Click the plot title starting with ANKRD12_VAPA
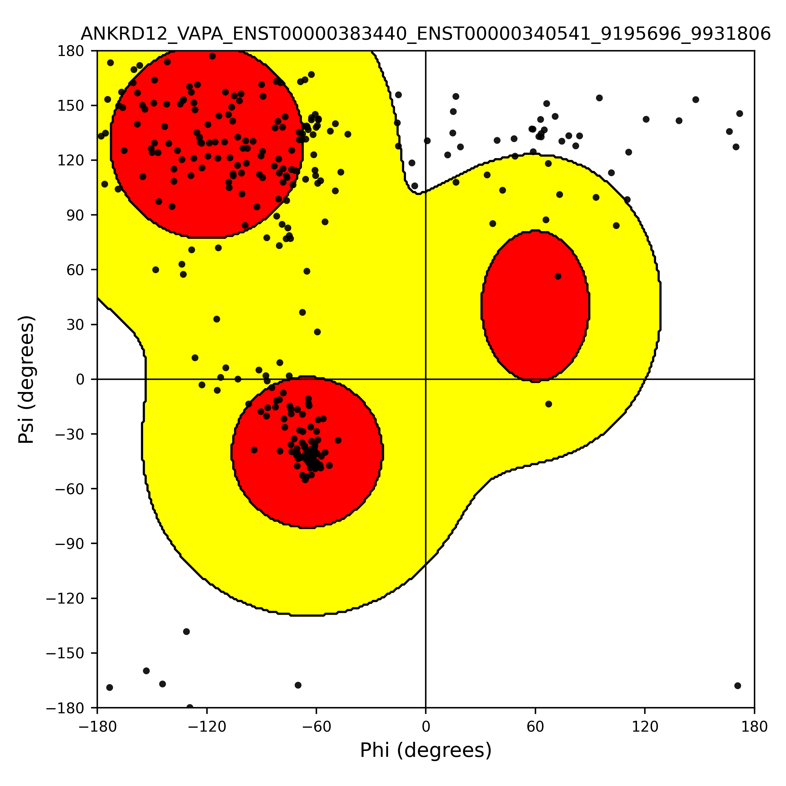tap(425, 34)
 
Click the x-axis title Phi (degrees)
tap(425, 750)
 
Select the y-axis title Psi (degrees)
tap(27, 379)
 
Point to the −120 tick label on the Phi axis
tap(207, 727)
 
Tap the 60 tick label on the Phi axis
tap(535, 727)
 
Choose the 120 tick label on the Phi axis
tap(645, 727)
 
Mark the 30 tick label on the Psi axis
tap(75, 325)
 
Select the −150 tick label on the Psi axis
tap(65, 653)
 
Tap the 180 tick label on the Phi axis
tap(755, 727)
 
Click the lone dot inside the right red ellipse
tap(558, 276)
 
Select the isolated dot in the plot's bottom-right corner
tap(738, 685)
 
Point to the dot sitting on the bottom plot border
tap(190, 707)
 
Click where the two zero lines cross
tap(425, 379)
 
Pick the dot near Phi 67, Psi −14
tap(549, 404)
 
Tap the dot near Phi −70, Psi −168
tap(298, 685)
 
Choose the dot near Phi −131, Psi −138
tap(186, 631)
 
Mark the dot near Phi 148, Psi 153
tap(696, 100)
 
